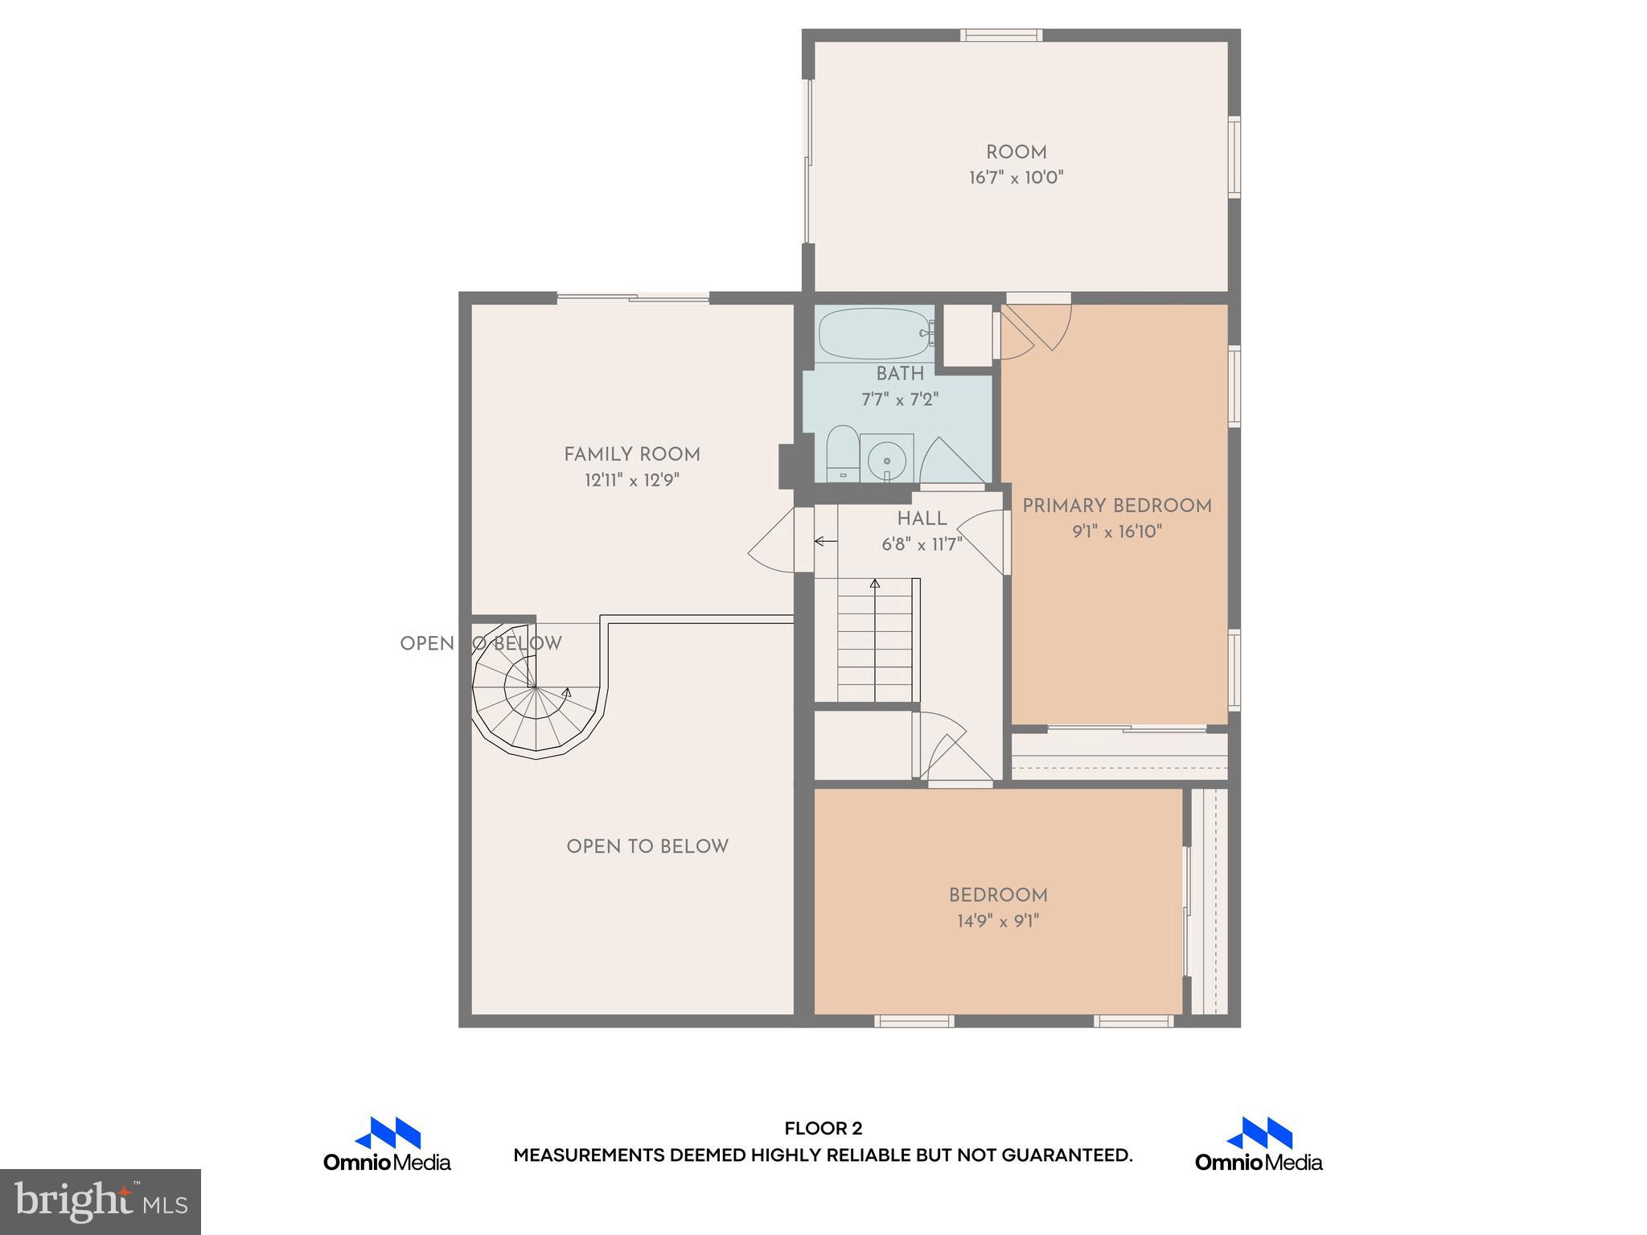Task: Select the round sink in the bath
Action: pos(887,460)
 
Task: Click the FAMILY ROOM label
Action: pos(632,454)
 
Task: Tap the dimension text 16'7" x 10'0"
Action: pos(1016,178)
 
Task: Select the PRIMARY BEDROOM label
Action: pos(1117,506)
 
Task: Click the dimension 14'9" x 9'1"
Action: pos(998,921)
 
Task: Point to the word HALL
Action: pos(922,519)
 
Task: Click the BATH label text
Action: pos(900,374)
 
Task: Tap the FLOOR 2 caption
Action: pos(823,1129)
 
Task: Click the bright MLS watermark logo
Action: pos(100,1201)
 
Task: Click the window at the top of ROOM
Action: pos(1001,35)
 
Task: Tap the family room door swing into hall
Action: pos(774,543)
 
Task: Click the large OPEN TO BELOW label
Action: pos(647,847)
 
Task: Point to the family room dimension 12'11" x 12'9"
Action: pos(632,481)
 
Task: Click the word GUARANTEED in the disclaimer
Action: pos(1066,1155)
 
